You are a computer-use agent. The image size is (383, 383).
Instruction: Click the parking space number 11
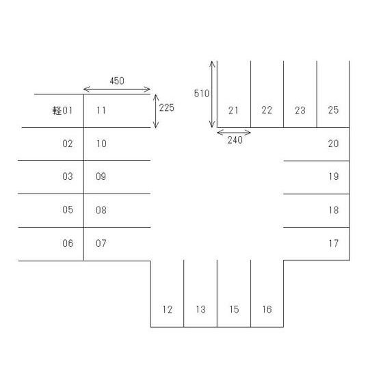[101, 110]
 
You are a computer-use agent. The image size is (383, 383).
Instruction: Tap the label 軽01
[62, 111]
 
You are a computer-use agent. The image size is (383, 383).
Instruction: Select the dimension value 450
[117, 81]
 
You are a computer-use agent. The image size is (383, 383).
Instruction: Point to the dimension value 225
[167, 108]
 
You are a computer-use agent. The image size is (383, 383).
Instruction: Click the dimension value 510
[202, 94]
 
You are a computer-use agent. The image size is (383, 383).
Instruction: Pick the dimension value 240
[235, 140]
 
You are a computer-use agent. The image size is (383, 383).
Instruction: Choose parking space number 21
[233, 110]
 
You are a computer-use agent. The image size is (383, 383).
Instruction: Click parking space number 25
[334, 110]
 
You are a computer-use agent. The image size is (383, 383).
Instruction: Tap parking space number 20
[334, 144]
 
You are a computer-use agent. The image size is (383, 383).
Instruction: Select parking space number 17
[334, 243]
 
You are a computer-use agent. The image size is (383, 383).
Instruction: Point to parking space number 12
[168, 310]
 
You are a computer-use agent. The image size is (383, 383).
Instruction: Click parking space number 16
[267, 309]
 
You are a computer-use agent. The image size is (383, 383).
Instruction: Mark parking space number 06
[68, 243]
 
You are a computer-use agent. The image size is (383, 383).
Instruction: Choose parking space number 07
[101, 243]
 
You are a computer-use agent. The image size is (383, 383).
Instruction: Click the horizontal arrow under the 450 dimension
[117, 90]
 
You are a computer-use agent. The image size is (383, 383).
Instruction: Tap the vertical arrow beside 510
[212, 94]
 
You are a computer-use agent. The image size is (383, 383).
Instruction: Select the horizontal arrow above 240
[234, 133]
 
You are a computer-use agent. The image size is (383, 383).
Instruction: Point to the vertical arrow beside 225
[156, 111]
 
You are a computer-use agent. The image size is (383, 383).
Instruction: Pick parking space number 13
[200, 310]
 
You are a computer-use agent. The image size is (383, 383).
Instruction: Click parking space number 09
[101, 176]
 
